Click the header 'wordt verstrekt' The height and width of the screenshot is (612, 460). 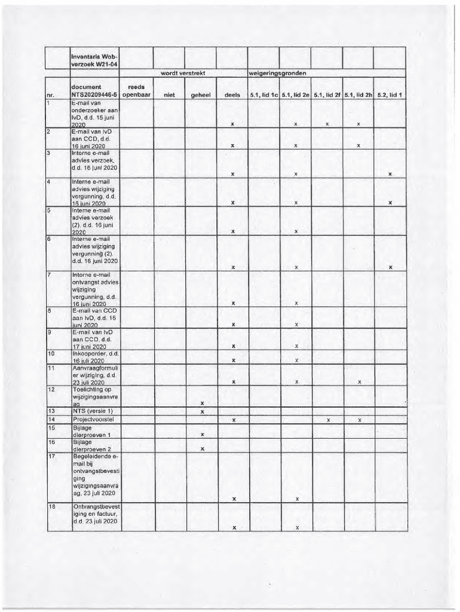tap(183, 73)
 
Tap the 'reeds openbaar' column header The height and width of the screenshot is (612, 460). tap(137, 90)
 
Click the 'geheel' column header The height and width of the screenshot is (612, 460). tap(201, 94)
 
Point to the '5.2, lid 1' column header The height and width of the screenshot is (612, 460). tap(390, 94)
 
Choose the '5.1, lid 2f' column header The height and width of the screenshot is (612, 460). tap(327, 94)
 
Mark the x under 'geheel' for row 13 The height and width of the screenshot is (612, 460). tap(203, 412)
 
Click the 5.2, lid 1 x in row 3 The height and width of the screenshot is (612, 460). tap(390, 174)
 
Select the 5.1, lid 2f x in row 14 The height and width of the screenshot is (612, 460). tap(327, 420)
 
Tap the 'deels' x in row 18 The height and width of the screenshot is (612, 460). tap(233, 527)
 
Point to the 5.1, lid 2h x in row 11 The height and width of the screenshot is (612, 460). tap(358, 382)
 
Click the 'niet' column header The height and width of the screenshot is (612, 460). tap(169, 94)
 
